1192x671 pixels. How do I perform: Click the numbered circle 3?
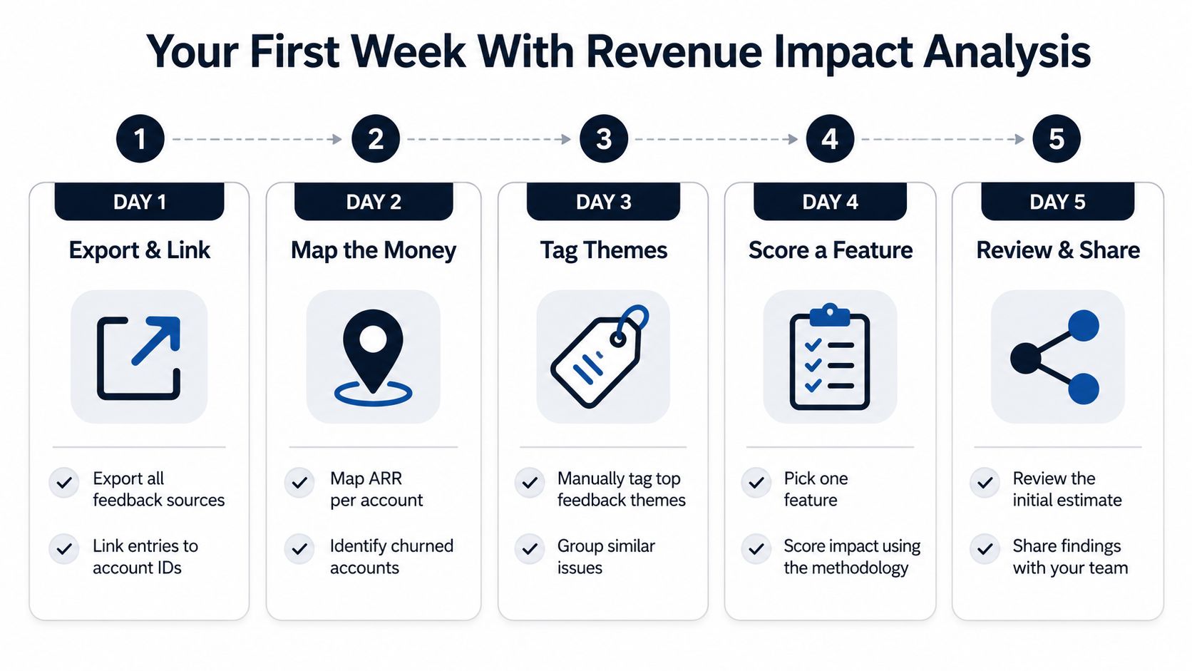point(603,139)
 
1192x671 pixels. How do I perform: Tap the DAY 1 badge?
point(140,202)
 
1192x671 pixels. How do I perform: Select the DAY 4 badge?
point(830,202)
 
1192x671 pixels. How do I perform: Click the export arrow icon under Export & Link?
point(139,357)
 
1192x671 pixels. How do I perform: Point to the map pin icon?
point(373,357)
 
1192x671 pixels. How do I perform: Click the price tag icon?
point(600,357)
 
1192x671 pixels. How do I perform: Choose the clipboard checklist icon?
point(830,357)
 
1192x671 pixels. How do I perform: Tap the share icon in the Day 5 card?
point(1054,357)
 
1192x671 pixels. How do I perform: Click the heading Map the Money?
point(374,250)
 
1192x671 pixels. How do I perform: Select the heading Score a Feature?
point(830,250)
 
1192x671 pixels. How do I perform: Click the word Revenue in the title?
point(674,51)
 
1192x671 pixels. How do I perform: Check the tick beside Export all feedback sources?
point(64,483)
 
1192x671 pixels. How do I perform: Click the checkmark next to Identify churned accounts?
point(299,548)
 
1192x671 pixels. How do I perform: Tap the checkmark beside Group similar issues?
point(530,548)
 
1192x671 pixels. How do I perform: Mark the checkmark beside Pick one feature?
point(756,483)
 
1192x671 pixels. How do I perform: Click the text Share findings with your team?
point(1070,557)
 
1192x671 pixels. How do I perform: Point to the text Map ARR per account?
point(376,489)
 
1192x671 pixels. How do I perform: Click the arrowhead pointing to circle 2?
point(336,140)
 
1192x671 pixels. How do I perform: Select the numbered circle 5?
point(1057,139)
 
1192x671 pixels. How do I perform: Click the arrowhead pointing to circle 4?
point(792,140)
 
